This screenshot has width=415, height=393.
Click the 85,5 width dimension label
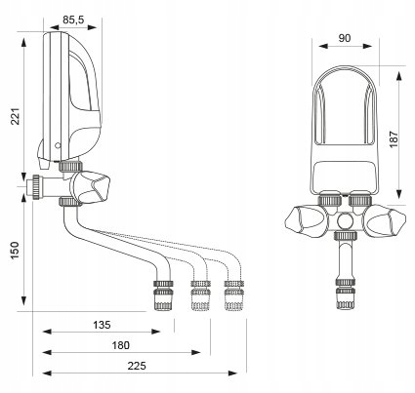73,20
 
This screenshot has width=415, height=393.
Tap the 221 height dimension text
16,116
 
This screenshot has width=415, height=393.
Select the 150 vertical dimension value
16,251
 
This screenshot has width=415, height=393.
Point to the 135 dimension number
102,325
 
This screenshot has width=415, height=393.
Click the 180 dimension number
121,345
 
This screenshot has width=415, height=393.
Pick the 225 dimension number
137,366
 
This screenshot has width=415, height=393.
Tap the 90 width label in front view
345,38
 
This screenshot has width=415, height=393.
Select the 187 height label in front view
394,139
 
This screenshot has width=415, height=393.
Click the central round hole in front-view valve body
344,220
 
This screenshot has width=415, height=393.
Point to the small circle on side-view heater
58,145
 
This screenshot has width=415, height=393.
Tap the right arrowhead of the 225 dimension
233,373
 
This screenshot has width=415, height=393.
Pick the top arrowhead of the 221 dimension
24,43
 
